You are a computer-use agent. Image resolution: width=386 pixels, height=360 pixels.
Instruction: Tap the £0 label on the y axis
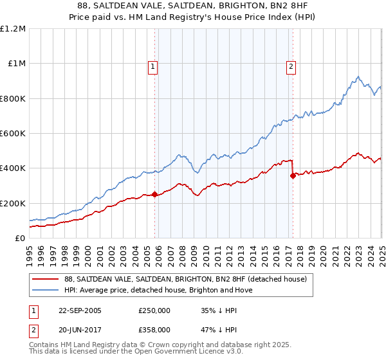coord(20,238)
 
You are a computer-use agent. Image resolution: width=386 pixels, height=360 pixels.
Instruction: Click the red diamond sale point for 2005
coord(155,195)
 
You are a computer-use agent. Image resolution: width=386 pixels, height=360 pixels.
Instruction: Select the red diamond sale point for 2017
coord(293,175)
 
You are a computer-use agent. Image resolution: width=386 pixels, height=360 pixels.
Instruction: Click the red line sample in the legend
coord(45,279)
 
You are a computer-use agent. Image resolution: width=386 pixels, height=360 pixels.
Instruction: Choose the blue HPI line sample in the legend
coord(45,290)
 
